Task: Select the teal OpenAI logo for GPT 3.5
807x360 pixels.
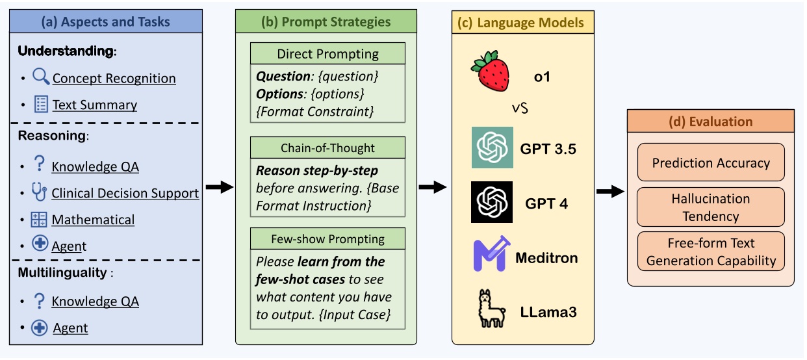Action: coord(492,148)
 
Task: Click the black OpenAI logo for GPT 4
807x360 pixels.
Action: coord(492,202)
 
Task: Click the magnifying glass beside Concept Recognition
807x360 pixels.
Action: coord(41,77)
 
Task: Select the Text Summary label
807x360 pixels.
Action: coord(94,105)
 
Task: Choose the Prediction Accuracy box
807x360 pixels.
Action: coord(710,162)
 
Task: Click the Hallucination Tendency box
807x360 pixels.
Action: coord(710,207)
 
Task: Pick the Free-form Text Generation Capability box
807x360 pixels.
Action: coord(710,252)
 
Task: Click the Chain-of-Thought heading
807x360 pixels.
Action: coord(327,148)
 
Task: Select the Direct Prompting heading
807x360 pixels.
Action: coord(327,53)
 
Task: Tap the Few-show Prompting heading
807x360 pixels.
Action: coord(327,238)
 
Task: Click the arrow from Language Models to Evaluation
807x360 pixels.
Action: coord(609,191)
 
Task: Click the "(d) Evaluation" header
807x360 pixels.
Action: coord(710,122)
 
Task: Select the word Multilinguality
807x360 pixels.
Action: coord(62,272)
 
